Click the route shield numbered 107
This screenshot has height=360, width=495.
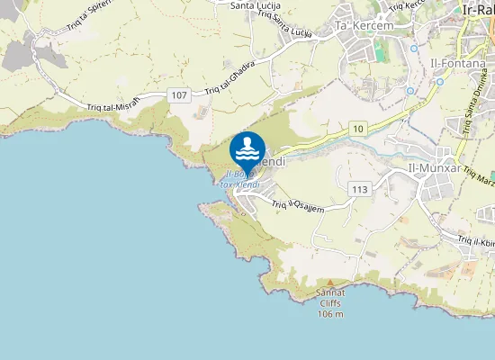[x=178, y=94]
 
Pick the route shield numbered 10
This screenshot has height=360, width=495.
[x=359, y=130]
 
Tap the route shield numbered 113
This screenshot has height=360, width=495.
[x=360, y=189]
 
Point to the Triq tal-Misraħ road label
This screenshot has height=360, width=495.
[x=113, y=104]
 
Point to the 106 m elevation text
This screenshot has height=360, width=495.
[x=330, y=313]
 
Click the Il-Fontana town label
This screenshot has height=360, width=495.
[x=453, y=66]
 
